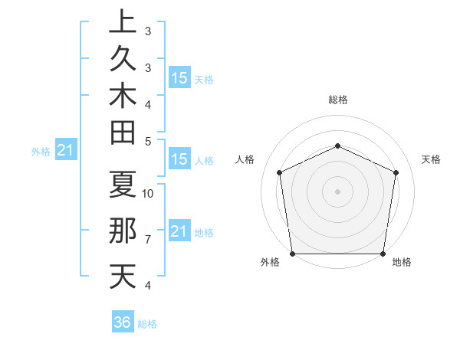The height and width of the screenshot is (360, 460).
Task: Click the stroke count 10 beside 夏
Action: (149, 193)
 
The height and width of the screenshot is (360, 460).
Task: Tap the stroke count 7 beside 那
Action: (148, 240)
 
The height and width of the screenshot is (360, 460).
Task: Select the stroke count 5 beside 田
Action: (148, 141)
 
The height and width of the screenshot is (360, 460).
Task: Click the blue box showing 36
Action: (123, 322)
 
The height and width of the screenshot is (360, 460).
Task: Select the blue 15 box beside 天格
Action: (179, 77)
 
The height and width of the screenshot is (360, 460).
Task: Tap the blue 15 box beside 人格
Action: (179, 160)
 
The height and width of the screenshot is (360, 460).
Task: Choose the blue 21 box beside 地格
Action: (179, 231)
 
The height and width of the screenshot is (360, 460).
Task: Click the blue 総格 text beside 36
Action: (148, 324)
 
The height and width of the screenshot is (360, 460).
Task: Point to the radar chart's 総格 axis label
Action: (337, 100)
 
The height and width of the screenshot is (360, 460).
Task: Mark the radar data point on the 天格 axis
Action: (396, 172)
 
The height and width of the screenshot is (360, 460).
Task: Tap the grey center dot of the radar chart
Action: (337, 191)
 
